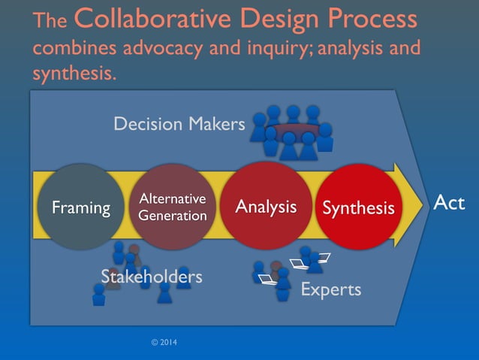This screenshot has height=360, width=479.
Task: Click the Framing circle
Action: [80, 207]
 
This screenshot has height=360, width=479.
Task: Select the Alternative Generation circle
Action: [172, 207]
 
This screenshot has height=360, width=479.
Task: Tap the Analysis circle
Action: [266, 206]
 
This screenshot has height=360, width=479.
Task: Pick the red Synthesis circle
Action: [358, 207]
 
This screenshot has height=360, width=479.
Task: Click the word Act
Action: [449, 203]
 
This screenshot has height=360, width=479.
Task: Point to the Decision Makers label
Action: [179, 124]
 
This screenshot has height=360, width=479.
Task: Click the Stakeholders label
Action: [152, 277]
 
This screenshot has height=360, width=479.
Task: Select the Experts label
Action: [330, 289]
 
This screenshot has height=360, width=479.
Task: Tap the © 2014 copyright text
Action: [164, 343]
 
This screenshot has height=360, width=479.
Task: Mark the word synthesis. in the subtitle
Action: [74, 74]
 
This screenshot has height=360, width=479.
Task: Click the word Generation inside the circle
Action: [172, 216]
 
